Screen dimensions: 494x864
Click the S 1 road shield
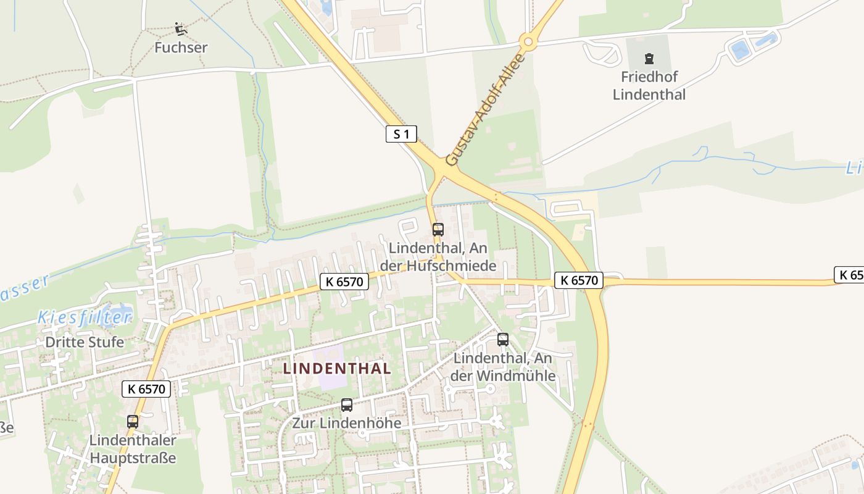(401, 134)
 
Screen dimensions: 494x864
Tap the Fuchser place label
(181, 48)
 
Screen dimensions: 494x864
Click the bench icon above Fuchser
(181, 28)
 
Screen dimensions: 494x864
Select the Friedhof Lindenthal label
(649, 86)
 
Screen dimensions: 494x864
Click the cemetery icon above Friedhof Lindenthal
(649, 59)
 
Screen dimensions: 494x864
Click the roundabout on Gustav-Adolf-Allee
(527, 42)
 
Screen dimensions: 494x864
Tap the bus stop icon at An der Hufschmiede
(438, 230)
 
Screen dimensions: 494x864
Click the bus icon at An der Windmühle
(503, 340)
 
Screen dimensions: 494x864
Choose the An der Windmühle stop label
(503, 367)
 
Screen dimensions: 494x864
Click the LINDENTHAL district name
(337, 369)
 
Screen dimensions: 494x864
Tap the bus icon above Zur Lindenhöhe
(347, 405)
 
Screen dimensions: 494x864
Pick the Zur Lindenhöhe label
(347, 423)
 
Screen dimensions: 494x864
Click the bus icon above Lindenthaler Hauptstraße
(133, 422)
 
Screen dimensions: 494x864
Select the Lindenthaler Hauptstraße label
(133, 449)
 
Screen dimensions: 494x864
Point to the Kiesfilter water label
(85, 318)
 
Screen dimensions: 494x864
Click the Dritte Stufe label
(85, 341)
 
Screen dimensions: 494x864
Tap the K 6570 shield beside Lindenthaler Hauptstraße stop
(146, 389)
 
